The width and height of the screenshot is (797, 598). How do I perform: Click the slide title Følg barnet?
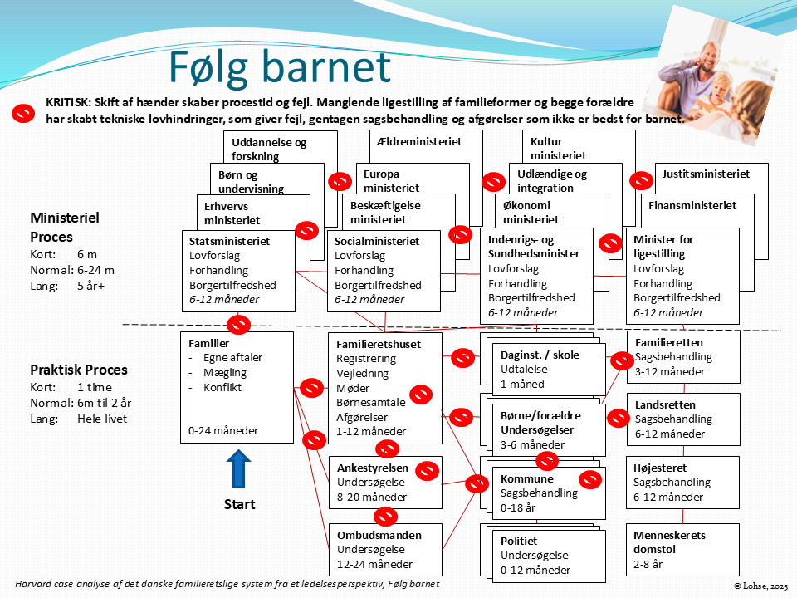tap(280, 67)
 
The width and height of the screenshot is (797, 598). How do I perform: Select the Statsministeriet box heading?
tap(230, 241)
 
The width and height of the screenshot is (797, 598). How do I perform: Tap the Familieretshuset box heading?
tap(378, 344)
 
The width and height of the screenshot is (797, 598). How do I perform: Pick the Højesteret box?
tap(682, 483)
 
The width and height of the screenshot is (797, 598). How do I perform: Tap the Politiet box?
tap(541, 555)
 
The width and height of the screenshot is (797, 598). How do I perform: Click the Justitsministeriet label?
tap(706, 174)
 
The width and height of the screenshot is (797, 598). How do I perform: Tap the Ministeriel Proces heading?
tap(64, 227)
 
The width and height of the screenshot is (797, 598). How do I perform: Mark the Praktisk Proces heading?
tap(79, 370)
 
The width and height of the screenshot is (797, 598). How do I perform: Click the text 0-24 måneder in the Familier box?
tap(223, 431)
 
